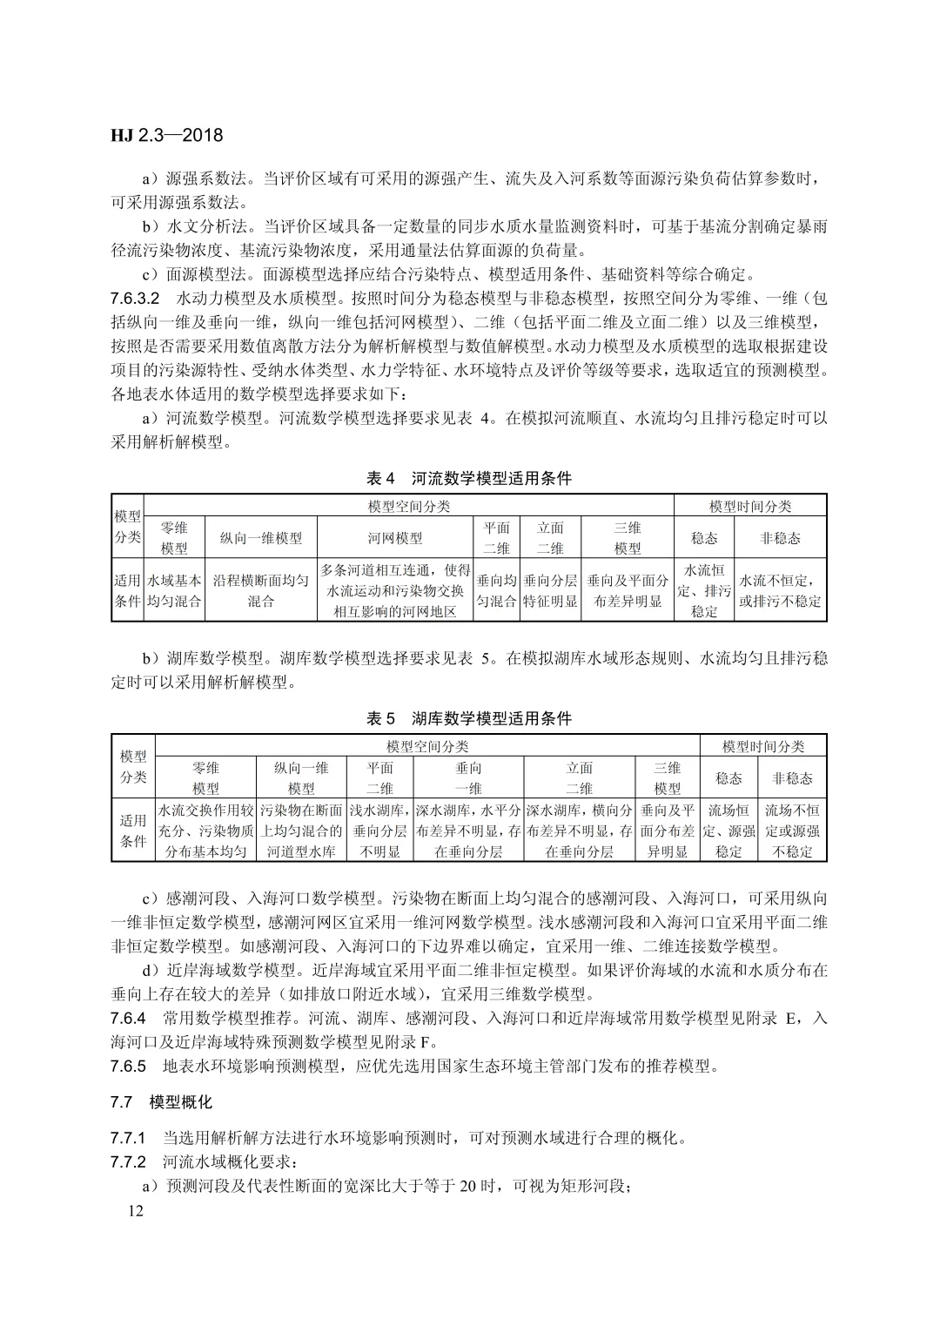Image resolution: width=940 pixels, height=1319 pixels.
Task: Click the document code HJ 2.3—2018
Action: pos(167,136)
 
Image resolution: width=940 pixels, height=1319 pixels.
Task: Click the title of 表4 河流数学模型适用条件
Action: pos(469,479)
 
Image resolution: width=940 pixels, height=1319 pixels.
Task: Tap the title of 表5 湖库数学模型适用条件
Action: pos(469,719)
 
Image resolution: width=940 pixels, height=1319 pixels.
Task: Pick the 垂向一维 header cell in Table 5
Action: pos(468,778)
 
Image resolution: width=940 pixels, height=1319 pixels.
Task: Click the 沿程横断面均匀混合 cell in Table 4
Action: pos(261,591)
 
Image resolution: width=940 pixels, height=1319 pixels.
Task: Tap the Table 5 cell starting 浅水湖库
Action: pos(379,831)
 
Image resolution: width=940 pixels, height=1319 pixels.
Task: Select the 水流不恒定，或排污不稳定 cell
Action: pos(780,591)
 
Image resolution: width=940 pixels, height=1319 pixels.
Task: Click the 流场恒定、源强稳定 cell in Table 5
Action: pos(728,831)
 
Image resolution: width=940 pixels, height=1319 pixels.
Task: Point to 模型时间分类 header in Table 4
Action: pos(750,507)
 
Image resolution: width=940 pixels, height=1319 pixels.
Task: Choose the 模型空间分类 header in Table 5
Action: pos(427,747)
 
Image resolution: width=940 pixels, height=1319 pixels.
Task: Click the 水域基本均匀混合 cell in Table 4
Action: pos(174,591)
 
